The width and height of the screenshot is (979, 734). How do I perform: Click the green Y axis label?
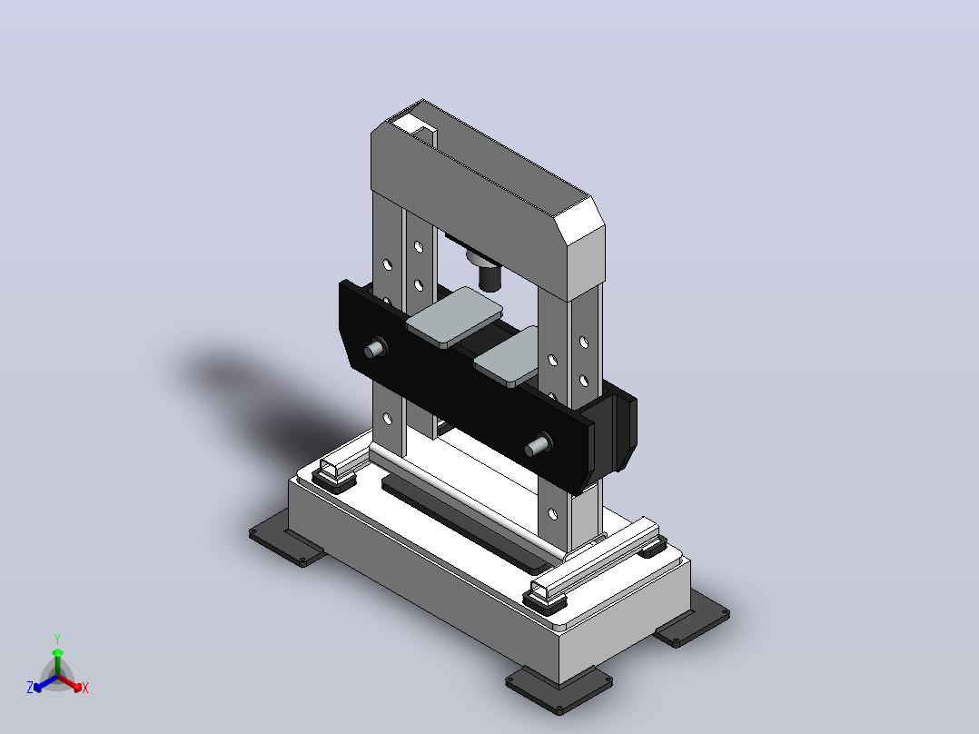pos(57,639)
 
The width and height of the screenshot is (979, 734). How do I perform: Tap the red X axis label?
pos(85,688)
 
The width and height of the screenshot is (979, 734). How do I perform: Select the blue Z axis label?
pos(30,687)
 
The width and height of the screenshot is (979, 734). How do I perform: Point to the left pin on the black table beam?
pos(374,348)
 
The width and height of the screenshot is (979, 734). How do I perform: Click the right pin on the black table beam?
pos(538,445)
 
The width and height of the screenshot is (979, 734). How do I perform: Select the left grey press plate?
pos(455,317)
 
